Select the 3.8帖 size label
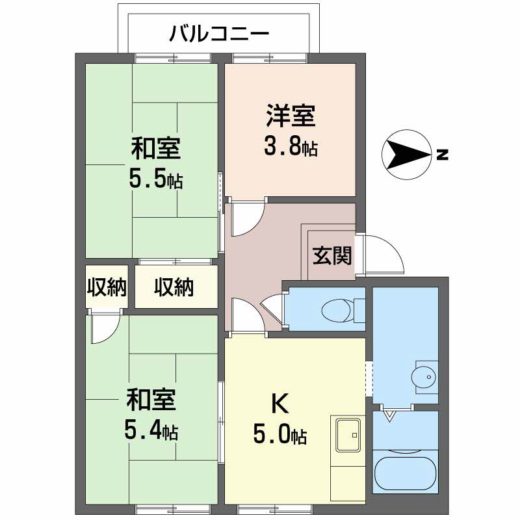[x=291, y=148]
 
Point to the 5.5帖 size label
[x=155, y=179]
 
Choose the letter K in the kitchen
[x=279, y=404]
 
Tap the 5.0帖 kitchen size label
[x=280, y=435]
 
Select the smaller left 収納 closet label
[x=107, y=287]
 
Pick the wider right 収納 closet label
[x=174, y=287]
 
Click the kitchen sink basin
[x=348, y=432]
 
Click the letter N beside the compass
[x=442, y=155]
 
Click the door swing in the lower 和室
[x=105, y=329]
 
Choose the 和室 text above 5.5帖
[x=155, y=148]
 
